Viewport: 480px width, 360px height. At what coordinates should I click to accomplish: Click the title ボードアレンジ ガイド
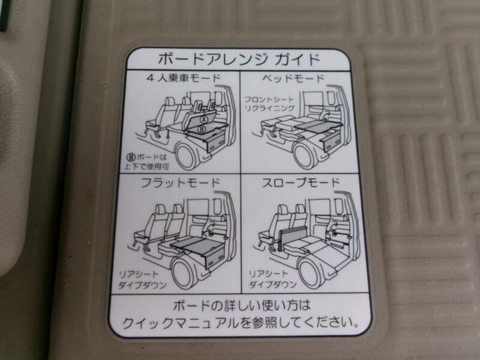[239, 59]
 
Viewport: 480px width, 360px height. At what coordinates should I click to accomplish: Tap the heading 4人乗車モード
[184, 78]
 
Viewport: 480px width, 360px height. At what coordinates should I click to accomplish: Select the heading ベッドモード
[293, 79]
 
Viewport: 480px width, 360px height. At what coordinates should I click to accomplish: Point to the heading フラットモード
[181, 183]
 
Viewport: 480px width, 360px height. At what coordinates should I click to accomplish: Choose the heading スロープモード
[301, 183]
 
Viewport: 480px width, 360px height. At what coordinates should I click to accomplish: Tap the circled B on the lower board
[202, 129]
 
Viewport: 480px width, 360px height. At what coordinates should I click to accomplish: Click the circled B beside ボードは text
[131, 157]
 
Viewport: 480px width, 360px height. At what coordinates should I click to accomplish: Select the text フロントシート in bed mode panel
[269, 100]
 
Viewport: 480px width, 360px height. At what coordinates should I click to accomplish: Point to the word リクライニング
[269, 109]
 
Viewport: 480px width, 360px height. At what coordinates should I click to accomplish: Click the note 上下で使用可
[146, 167]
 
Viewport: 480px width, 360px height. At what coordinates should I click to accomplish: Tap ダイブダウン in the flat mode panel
[142, 286]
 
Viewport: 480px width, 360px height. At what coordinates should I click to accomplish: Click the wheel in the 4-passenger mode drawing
[187, 157]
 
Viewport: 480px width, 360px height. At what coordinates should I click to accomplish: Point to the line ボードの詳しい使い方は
[242, 305]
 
